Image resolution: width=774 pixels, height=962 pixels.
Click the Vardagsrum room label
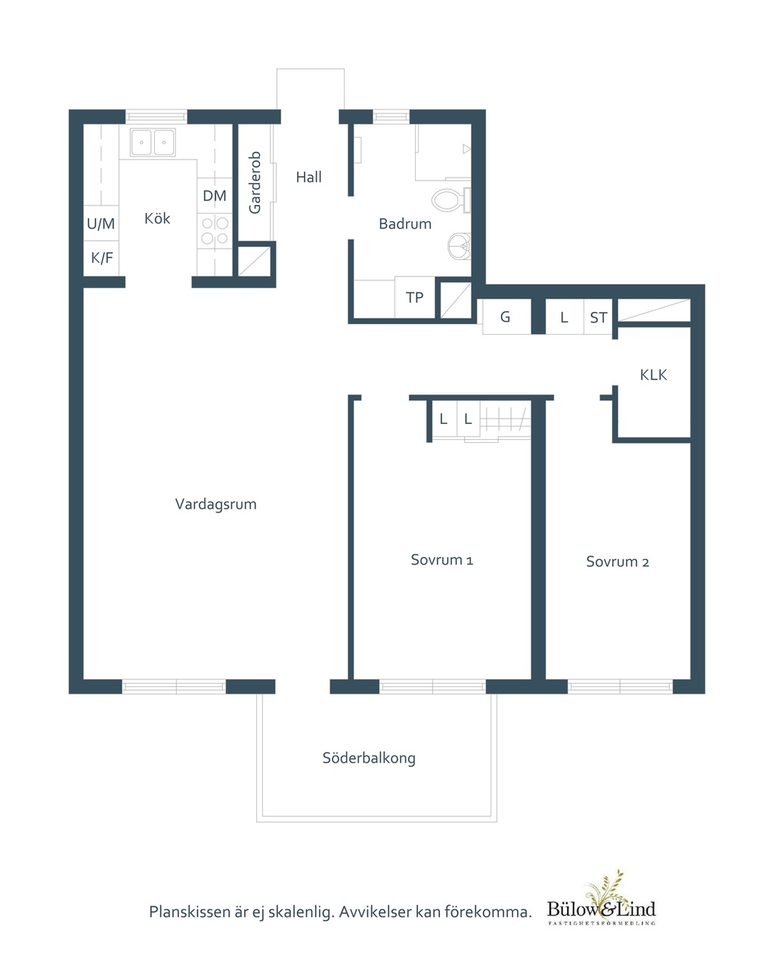click(215, 504)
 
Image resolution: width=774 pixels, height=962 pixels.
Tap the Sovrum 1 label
click(441, 560)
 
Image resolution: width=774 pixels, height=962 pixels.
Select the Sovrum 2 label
click(618, 561)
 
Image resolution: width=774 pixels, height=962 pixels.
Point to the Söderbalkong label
click(369, 758)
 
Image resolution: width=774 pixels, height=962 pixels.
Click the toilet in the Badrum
click(450, 200)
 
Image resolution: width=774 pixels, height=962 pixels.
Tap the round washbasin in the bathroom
click(460, 246)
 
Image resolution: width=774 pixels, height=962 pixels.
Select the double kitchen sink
click(153, 142)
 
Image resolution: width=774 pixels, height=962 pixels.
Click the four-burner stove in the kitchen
click(215, 230)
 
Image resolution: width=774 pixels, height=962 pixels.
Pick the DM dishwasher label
click(215, 196)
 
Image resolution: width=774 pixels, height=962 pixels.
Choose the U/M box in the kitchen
click(101, 224)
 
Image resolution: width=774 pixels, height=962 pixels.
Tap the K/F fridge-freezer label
click(102, 258)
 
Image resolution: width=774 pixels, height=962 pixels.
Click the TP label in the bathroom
click(414, 297)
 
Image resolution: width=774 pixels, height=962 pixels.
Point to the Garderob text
click(255, 182)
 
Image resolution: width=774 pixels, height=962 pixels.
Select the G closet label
click(505, 317)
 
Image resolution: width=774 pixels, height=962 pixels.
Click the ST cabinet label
click(599, 317)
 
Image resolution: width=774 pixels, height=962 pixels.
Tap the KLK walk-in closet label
click(653, 375)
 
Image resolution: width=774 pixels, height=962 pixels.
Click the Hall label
click(308, 177)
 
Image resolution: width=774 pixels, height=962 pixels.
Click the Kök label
click(157, 218)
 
